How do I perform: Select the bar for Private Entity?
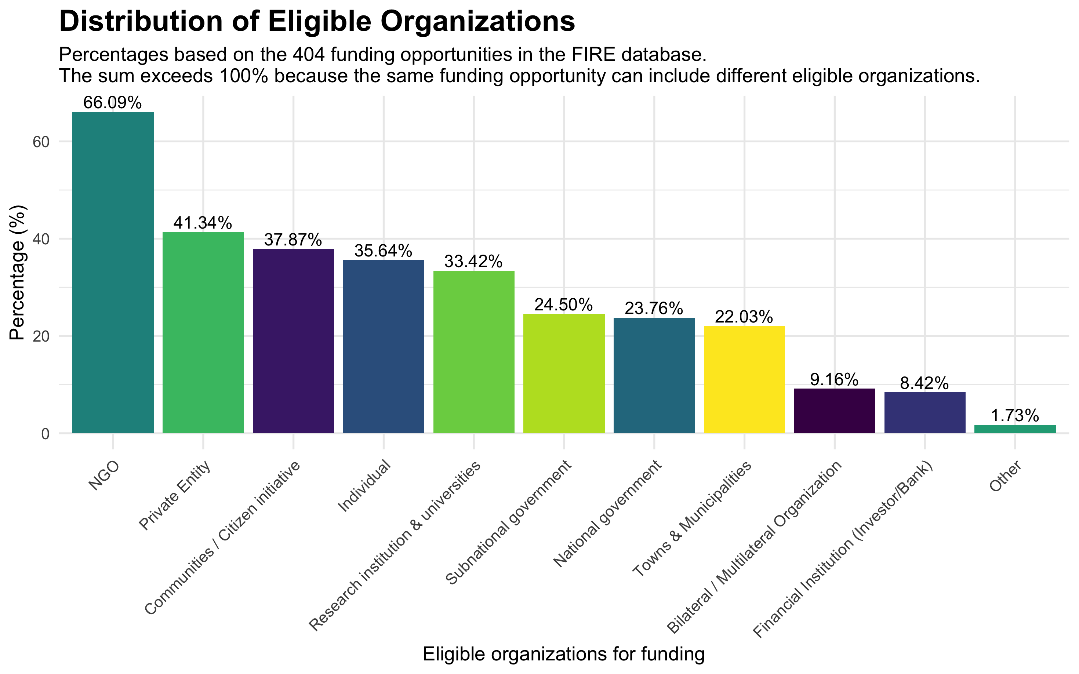pyautogui.click(x=203, y=332)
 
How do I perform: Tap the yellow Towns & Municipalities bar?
pyautogui.click(x=744, y=379)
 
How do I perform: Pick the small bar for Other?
pyautogui.click(x=1015, y=429)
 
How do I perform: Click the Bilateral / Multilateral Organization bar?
pyautogui.click(x=834, y=411)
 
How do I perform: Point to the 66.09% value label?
pyautogui.click(x=113, y=103)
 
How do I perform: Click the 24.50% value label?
pyautogui.click(x=564, y=305)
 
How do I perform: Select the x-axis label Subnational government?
pyautogui.click(x=508, y=522)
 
